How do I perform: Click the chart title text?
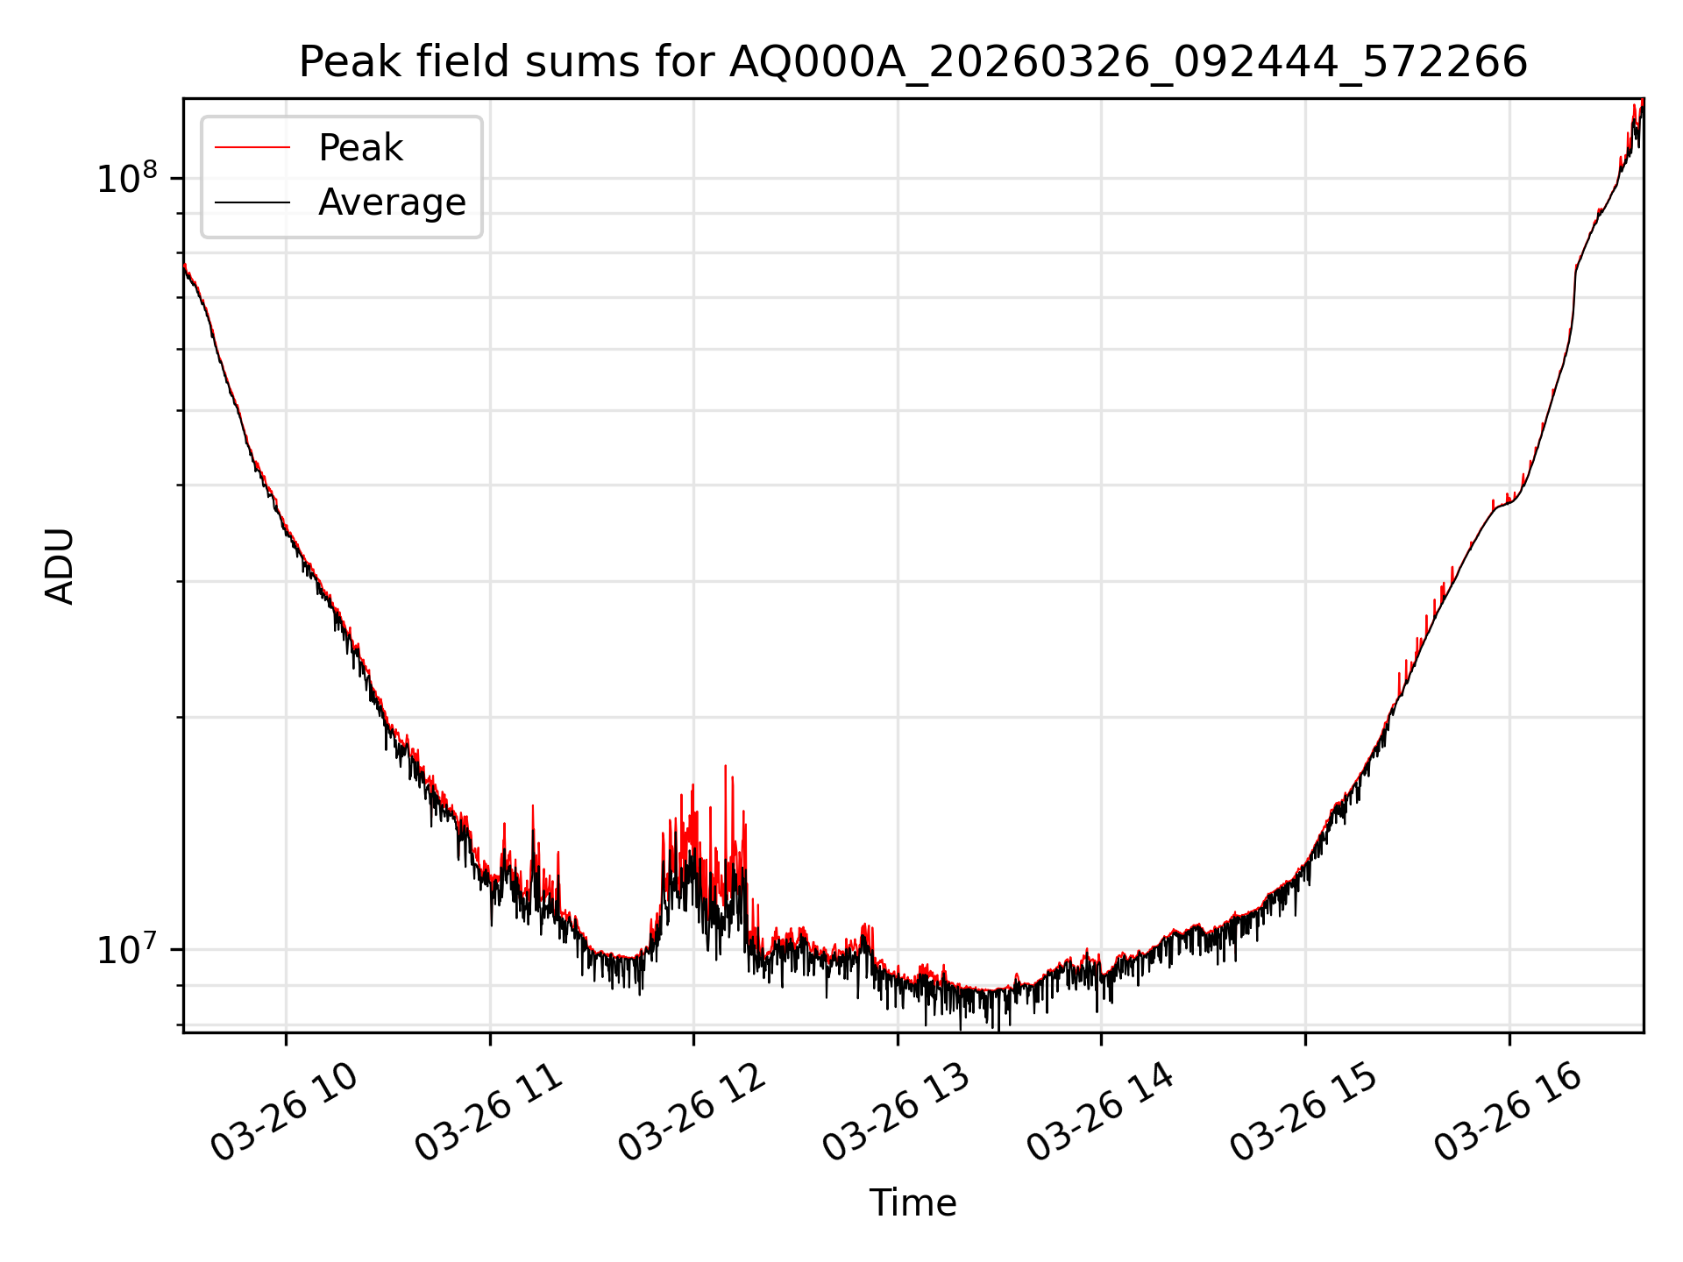tap(913, 62)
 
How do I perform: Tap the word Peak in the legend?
tap(360, 148)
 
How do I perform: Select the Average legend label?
tap(392, 202)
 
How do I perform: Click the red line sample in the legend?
tap(252, 147)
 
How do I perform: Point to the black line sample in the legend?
tap(252, 202)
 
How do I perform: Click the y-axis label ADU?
tap(60, 566)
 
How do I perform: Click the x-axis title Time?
tap(913, 1202)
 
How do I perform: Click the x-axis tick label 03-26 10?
tap(285, 1111)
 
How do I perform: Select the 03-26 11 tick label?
tap(488, 1111)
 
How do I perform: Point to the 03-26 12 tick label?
tap(692, 1111)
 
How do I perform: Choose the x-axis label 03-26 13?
tap(897, 1111)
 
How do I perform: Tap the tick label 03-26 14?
tap(1100, 1111)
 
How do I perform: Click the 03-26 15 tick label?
tap(1304, 1111)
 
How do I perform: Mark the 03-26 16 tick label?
tap(1509, 1111)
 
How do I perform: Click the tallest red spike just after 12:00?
tap(725, 768)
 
